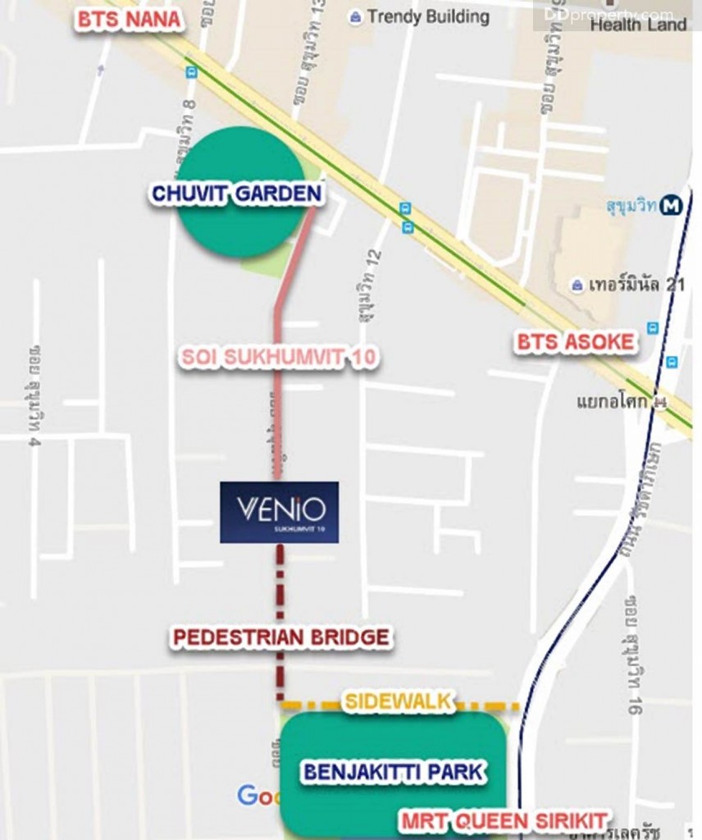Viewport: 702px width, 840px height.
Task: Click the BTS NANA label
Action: pyautogui.click(x=128, y=20)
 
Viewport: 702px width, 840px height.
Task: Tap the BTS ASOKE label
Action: pyautogui.click(x=576, y=342)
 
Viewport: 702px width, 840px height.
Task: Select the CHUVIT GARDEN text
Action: pyautogui.click(x=236, y=194)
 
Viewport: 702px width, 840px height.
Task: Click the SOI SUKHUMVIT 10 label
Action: pyautogui.click(x=279, y=358)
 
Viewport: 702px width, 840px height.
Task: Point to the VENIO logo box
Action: pyautogui.click(x=279, y=512)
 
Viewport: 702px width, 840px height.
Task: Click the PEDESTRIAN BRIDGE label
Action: pyautogui.click(x=280, y=637)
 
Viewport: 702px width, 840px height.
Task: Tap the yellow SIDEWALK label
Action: pyautogui.click(x=399, y=701)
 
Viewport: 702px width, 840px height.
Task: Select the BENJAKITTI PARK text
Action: pyautogui.click(x=394, y=772)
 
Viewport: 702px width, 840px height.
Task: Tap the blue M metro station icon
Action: pyautogui.click(x=672, y=206)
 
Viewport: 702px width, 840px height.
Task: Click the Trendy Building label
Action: pyautogui.click(x=428, y=16)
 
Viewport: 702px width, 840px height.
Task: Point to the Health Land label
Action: pyautogui.click(x=638, y=25)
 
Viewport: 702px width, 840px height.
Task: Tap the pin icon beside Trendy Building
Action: pyautogui.click(x=355, y=17)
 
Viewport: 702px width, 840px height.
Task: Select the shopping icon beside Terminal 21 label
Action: pyautogui.click(x=578, y=285)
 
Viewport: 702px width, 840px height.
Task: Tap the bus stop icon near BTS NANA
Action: pyautogui.click(x=192, y=72)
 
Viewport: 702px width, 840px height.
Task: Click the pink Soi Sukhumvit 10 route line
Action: pyautogui.click(x=278, y=410)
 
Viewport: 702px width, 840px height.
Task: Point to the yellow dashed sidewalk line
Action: pyautogui.click(x=484, y=705)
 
